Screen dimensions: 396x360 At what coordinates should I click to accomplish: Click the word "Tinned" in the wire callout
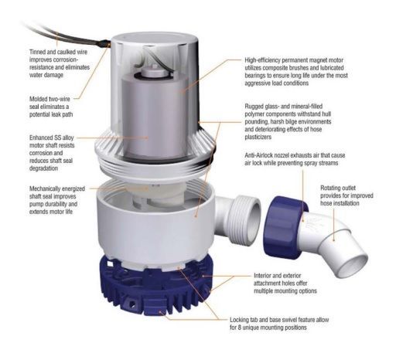tap(38, 52)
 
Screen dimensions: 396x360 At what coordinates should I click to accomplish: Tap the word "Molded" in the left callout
tap(39, 99)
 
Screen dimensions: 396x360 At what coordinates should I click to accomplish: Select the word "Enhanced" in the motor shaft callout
tap(41, 138)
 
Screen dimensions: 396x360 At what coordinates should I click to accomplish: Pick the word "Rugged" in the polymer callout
tap(254, 107)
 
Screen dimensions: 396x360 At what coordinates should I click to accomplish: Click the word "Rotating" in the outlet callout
tap(330, 188)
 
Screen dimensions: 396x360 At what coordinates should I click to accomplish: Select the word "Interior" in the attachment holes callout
tap(263, 276)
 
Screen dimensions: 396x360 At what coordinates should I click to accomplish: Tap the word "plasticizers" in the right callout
tap(258, 137)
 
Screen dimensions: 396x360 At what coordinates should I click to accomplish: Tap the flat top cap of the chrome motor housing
tap(154, 39)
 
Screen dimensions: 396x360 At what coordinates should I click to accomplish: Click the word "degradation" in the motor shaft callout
tap(43, 168)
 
